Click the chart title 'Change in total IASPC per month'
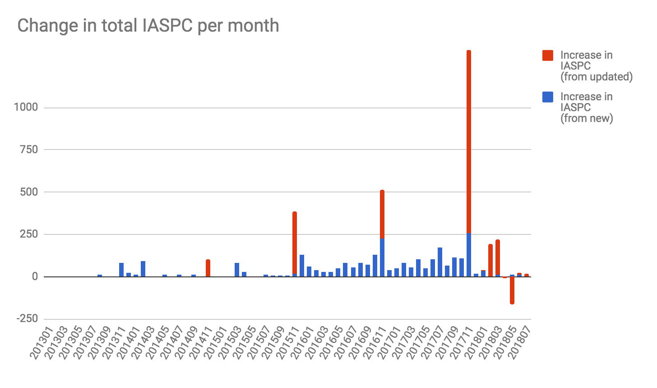click(148, 25)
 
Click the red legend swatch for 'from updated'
click(548, 56)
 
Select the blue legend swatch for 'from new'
click(548, 97)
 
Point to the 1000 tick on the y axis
click(26, 108)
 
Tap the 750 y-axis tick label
click(28, 150)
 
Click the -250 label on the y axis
click(27, 319)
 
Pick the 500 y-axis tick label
click(28, 192)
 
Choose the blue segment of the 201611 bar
click(382, 257)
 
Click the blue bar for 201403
click(143, 269)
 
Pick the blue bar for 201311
click(121, 270)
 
